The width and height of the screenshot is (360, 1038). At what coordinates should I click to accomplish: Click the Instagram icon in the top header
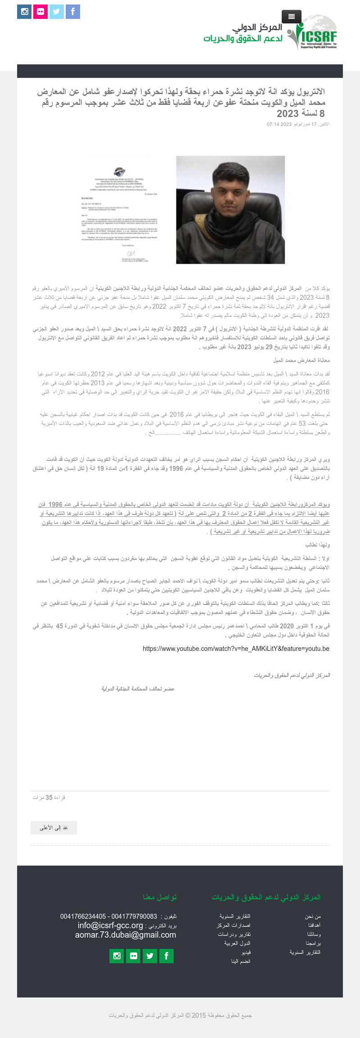click(24, 12)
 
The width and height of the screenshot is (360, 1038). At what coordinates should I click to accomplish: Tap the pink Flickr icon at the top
click(40, 12)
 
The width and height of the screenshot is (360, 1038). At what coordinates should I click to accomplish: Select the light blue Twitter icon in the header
click(57, 12)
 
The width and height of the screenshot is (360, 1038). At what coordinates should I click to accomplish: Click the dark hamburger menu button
click(291, 17)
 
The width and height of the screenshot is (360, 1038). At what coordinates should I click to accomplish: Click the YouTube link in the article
click(236, 649)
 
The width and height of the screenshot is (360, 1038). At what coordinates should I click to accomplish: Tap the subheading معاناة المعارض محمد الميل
click(301, 361)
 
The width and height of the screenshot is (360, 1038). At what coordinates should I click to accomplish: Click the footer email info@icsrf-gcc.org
click(110, 925)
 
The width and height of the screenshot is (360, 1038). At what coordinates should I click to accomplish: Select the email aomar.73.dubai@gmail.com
click(126, 935)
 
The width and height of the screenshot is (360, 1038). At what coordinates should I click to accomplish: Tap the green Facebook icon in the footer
click(166, 956)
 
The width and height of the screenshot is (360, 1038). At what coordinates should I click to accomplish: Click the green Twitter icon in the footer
click(150, 956)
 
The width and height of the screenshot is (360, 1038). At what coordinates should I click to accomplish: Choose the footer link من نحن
click(313, 916)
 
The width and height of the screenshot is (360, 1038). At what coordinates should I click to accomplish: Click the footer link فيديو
click(246, 952)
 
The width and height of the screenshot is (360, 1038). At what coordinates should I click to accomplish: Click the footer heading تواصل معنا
click(160, 897)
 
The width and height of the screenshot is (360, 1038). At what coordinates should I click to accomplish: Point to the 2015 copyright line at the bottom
click(180, 1015)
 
